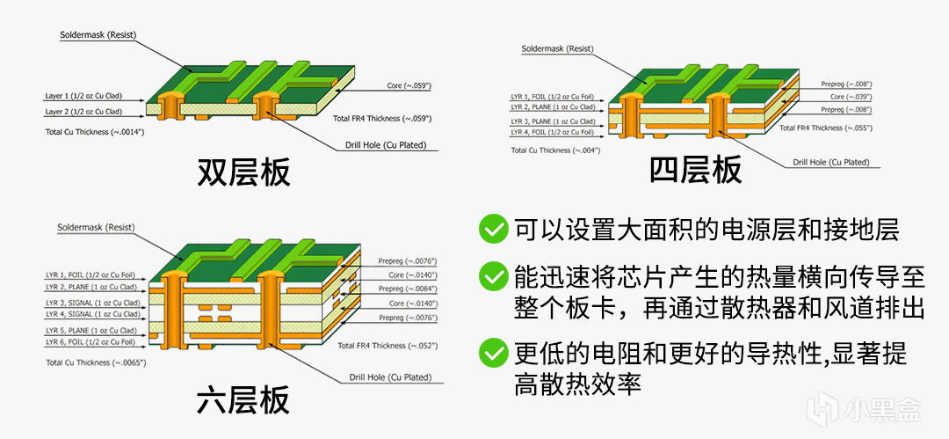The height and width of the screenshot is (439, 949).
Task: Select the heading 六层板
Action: tap(243, 402)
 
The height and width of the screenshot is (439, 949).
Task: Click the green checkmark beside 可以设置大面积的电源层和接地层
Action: tap(491, 230)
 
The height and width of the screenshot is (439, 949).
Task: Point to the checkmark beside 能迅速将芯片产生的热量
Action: tap(491, 277)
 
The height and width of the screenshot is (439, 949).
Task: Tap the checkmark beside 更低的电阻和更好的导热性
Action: tap(491, 354)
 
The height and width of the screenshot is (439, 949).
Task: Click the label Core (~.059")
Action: tap(409, 85)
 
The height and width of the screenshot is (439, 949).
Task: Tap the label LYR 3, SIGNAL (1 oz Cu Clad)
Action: tap(92, 303)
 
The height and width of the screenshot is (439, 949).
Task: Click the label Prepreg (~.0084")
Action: tap(407, 289)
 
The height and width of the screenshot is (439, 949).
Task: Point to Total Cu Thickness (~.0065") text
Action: tap(95, 362)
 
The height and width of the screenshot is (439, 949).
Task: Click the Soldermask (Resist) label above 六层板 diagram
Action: tap(98, 227)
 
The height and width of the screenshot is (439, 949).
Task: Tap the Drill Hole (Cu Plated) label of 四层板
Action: tap(830, 162)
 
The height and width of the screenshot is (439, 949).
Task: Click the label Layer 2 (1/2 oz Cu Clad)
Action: tap(83, 112)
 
